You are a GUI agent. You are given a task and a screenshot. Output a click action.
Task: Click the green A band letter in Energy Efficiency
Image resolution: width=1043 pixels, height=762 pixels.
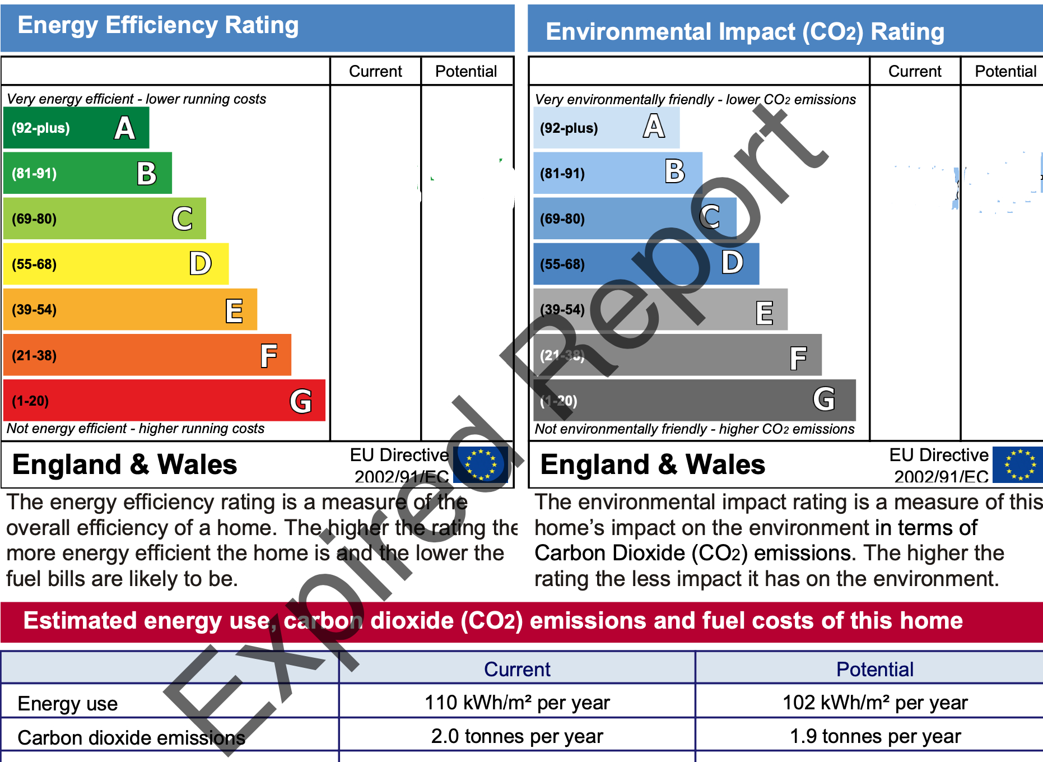(125, 128)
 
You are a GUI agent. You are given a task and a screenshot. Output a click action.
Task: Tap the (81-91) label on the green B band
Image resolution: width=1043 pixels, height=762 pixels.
(34, 174)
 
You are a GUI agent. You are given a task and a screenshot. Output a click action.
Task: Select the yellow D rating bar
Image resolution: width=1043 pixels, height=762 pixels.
(116, 264)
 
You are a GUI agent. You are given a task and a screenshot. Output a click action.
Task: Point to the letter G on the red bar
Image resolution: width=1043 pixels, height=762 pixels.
(301, 401)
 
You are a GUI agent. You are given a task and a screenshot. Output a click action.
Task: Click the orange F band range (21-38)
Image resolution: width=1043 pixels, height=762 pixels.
(34, 356)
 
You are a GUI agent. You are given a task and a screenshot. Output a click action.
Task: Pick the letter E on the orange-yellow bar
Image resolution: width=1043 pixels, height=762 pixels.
(234, 310)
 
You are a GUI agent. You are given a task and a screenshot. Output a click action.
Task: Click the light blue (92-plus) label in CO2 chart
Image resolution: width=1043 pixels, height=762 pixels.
(569, 128)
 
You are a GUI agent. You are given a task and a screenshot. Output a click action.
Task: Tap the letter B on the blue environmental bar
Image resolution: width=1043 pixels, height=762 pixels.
(675, 171)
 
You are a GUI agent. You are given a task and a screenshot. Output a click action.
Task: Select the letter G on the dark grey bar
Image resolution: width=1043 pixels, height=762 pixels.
(824, 399)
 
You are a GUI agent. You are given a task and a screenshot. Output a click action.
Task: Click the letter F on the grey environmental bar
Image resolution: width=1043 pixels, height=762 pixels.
(798, 357)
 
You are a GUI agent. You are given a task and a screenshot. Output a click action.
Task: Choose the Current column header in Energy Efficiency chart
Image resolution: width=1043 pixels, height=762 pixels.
(375, 72)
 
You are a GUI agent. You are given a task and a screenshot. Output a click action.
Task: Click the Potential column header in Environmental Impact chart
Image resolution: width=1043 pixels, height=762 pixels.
(1005, 72)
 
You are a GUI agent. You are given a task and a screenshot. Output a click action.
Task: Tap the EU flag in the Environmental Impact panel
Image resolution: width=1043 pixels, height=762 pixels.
(1018, 464)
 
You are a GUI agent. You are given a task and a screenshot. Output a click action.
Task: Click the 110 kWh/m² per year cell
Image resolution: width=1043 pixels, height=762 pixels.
(517, 703)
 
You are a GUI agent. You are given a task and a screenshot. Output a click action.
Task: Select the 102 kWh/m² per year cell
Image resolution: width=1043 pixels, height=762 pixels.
(875, 703)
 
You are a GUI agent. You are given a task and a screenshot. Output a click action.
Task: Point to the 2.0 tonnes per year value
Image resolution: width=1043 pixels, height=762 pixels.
(517, 736)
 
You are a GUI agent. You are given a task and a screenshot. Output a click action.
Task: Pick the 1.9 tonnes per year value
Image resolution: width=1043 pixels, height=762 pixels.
(875, 736)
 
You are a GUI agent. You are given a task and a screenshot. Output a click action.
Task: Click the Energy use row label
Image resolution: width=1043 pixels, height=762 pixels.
(68, 704)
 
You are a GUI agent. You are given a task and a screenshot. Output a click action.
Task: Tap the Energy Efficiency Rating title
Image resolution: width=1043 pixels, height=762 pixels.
(158, 25)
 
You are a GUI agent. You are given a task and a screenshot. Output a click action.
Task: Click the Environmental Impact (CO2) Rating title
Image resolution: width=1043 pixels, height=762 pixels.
(745, 31)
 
